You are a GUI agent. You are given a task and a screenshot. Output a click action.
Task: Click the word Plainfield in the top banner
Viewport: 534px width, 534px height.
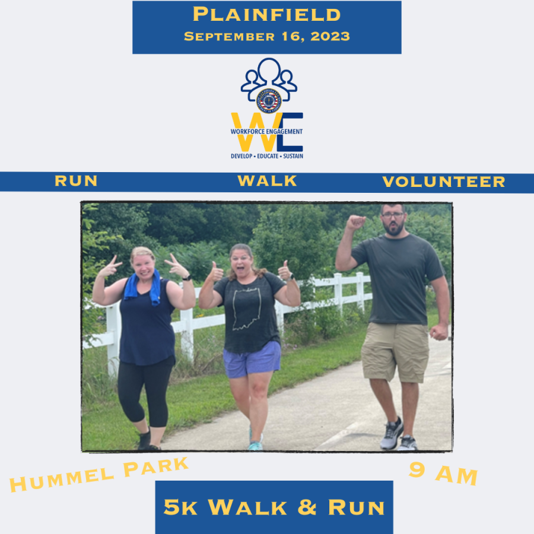pos(266,15)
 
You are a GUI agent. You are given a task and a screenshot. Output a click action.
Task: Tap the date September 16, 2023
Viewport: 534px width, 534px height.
pos(266,36)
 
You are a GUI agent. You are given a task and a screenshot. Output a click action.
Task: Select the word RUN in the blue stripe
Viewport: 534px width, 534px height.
pos(76,181)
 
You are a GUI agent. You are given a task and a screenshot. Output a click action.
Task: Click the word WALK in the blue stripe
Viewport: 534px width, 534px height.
pos(267,181)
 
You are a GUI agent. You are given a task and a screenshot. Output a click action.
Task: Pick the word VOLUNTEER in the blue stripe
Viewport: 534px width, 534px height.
pos(443,182)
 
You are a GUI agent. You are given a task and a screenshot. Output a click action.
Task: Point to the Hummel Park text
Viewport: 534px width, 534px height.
pos(98,475)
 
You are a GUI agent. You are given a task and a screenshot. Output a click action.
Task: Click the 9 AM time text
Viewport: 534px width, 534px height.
pos(443,473)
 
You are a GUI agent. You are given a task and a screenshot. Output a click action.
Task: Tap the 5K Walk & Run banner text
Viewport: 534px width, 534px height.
pos(274,507)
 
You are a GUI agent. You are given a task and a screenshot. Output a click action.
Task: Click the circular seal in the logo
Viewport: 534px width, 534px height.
pos(269,101)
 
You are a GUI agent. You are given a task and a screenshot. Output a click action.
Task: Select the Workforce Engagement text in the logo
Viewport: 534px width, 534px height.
pos(266,132)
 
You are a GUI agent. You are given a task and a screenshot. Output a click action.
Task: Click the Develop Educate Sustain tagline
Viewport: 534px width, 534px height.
pos(267,156)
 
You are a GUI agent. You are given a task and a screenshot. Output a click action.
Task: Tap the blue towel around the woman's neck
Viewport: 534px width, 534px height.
pos(142,286)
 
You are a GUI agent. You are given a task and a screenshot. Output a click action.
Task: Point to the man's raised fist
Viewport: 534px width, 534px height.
pos(355,223)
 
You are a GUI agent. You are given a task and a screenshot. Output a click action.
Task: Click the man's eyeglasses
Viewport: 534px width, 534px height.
pos(392,215)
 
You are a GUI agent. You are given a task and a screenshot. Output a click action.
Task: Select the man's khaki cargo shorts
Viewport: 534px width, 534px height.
pos(395,352)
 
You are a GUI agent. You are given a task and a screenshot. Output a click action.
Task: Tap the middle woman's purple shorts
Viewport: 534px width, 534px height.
pos(252,359)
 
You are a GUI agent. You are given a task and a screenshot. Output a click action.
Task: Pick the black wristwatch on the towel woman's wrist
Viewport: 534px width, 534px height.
pos(186,278)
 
